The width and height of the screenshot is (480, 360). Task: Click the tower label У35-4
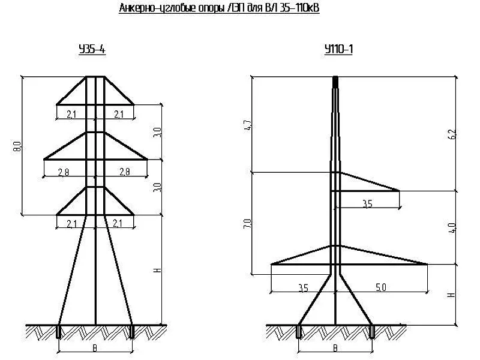click(92, 49)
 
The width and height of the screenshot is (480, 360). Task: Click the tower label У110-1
click(338, 49)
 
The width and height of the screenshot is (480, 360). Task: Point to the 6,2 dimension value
click(452, 134)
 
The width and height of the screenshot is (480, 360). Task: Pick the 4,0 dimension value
click(452, 228)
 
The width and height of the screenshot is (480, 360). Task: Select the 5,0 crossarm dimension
click(381, 287)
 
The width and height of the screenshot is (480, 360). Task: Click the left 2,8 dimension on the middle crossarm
click(64, 172)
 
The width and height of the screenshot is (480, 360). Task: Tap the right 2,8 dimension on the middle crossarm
click(124, 172)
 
